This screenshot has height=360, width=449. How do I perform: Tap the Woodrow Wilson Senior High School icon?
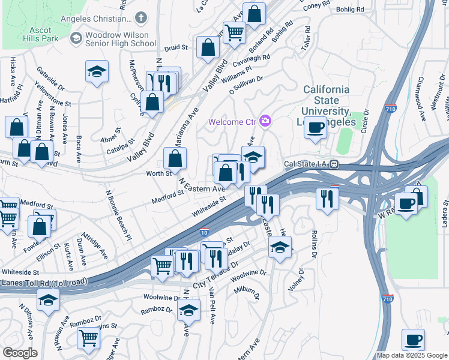tap(76, 38)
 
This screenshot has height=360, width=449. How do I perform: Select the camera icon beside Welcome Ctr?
tap(265, 122)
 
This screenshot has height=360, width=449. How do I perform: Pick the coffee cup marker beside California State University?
tap(316, 127)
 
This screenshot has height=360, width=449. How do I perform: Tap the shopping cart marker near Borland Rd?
tap(234, 31)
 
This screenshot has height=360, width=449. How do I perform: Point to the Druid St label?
tap(176, 46)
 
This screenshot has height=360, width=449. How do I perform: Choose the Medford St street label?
tap(167, 195)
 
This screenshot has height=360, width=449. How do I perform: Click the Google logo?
tap(20, 352)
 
